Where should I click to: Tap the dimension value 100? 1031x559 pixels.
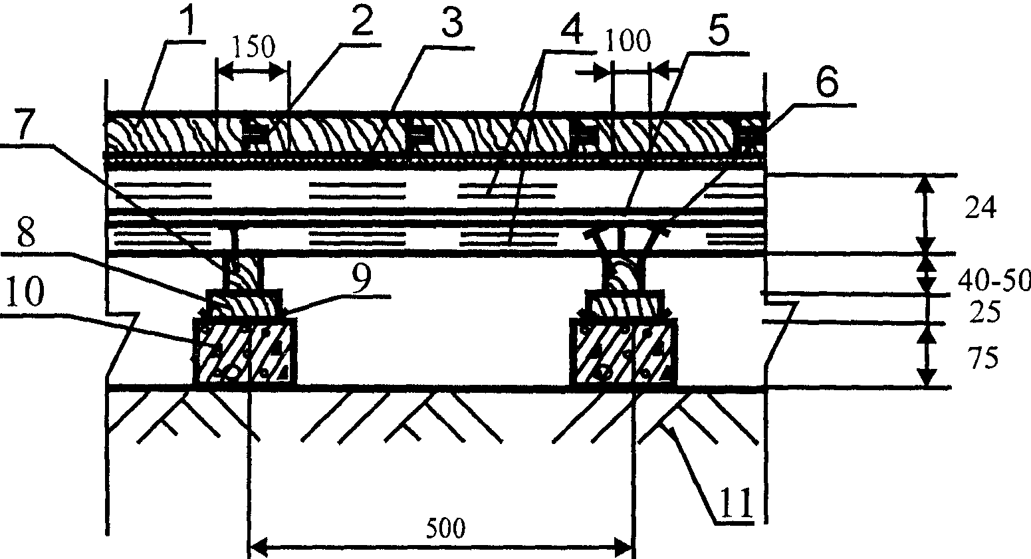(628, 43)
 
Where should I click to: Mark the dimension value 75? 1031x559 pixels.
(980, 360)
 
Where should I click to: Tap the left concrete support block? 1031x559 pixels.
(243, 352)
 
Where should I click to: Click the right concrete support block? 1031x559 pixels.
(624, 352)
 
